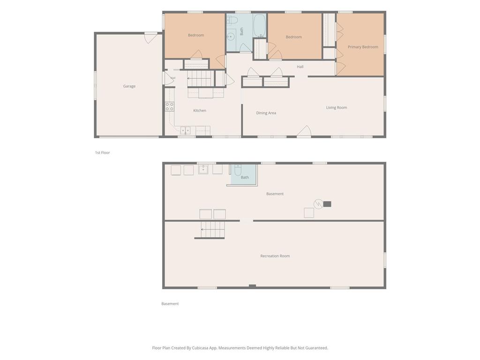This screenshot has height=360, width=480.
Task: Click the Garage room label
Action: click(x=129, y=86)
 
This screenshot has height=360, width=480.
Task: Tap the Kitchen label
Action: click(x=200, y=111)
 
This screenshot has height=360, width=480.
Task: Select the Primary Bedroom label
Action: click(x=363, y=47)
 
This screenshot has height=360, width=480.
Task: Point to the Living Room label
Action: click(x=337, y=107)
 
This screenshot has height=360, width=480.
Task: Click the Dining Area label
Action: click(x=266, y=113)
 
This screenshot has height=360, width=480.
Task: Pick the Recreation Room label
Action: click(x=275, y=256)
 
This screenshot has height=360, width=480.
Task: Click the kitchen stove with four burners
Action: click(x=170, y=107)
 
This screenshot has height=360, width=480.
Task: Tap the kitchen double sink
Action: click(x=185, y=130)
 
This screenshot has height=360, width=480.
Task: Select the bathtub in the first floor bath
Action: click(x=260, y=26)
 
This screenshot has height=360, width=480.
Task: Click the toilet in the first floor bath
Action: click(x=232, y=21)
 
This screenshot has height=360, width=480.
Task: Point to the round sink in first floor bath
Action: click(x=231, y=37)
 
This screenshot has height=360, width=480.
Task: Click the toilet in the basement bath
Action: click(x=238, y=170)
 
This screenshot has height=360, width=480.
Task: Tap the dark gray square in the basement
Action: click(x=327, y=204)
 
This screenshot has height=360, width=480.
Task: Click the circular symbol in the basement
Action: click(x=318, y=204)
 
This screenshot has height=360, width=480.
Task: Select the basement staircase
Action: click(x=212, y=230)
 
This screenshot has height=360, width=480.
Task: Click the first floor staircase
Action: click(x=200, y=78)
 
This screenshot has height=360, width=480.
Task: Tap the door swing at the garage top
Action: click(x=150, y=38)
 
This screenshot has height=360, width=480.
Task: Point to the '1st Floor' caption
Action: click(x=102, y=152)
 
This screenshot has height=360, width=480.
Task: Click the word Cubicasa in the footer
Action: click(x=201, y=348)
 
